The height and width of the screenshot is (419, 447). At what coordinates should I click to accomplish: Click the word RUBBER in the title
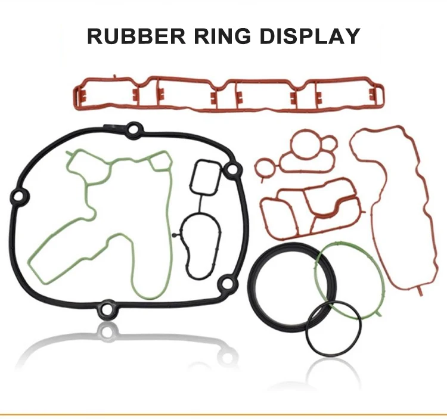(136, 36)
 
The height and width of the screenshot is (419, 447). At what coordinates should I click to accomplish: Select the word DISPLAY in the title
(310, 36)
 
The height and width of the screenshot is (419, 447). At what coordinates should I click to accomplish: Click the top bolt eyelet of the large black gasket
(133, 129)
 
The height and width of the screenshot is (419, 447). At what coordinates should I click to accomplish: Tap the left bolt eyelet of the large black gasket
(19, 197)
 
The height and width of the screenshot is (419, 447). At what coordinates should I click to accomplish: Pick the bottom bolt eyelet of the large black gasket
(107, 309)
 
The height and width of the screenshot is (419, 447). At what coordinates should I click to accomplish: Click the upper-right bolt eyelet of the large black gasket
(232, 169)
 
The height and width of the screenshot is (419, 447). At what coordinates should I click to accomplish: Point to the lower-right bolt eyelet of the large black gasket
(227, 283)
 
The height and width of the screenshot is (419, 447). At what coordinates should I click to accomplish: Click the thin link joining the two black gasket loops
(200, 204)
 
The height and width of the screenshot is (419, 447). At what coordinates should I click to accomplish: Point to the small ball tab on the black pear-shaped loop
(174, 235)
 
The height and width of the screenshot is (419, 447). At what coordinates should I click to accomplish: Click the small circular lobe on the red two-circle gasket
(330, 144)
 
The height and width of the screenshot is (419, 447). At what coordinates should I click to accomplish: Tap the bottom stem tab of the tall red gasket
(420, 290)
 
